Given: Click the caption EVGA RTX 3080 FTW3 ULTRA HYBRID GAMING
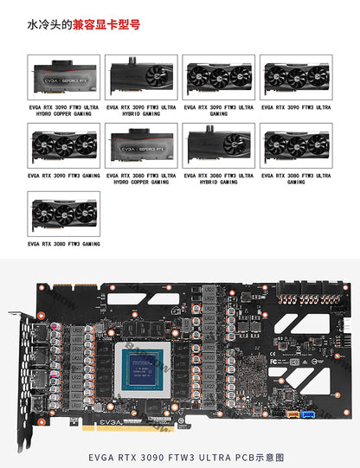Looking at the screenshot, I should coord(219,178).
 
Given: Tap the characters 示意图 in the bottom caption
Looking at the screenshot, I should coord(269,456).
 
